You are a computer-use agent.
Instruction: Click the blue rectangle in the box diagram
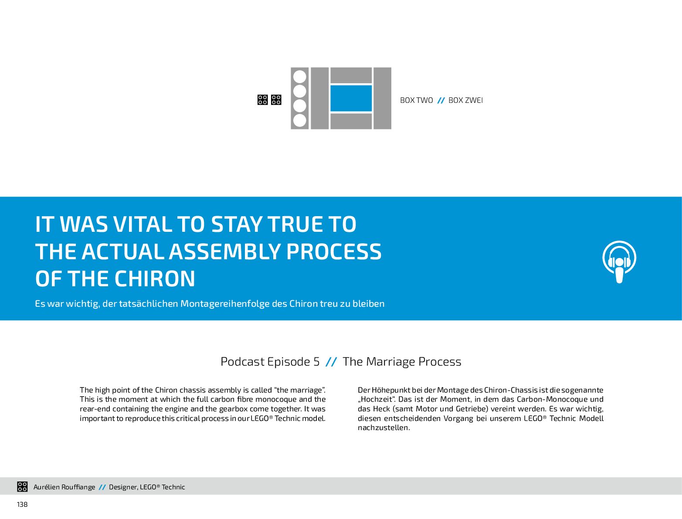(x=351, y=98)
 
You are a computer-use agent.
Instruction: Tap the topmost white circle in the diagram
(x=299, y=76)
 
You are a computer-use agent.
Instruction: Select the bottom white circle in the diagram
(x=299, y=120)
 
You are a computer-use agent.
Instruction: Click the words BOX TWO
(x=416, y=100)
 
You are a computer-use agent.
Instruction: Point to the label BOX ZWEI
(x=465, y=100)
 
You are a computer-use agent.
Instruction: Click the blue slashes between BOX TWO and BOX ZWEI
(x=441, y=100)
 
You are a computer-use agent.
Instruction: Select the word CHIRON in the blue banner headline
(x=155, y=278)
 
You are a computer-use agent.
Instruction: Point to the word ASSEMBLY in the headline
(x=224, y=251)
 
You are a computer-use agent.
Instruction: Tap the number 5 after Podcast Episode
(x=316, y=362)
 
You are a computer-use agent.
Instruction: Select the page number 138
(x=22, y=505)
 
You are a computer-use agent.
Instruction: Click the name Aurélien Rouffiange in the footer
(x=64, y=487)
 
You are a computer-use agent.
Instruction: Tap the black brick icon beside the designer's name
(x=22, y=487)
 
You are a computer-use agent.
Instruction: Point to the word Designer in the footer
(x=123, y=487)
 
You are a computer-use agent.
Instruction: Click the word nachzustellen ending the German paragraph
(x=384, y=427)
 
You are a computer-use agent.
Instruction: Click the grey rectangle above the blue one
(x=351, y=75)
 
